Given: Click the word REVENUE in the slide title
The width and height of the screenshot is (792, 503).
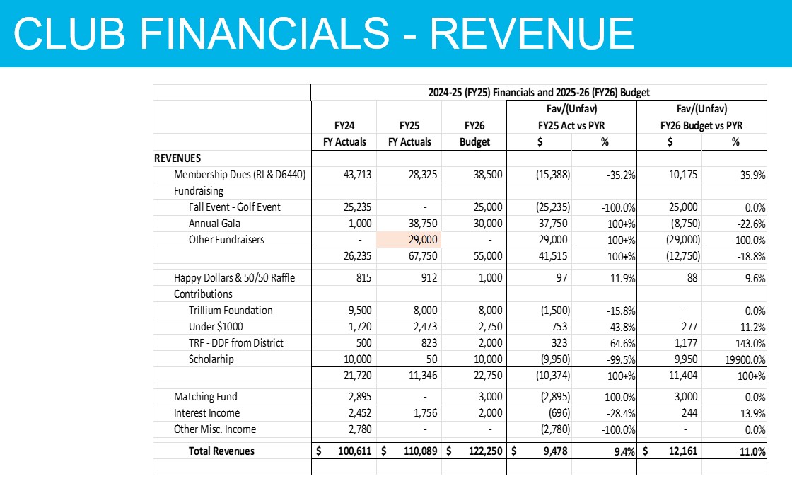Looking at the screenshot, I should click(x=531, y=33).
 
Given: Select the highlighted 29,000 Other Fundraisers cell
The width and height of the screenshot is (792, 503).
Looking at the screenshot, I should click(x=409, y=240).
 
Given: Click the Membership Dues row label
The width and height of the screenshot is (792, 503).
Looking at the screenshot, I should click(x=240, y=175).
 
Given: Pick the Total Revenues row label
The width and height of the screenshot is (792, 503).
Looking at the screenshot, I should click(x=221, y=451).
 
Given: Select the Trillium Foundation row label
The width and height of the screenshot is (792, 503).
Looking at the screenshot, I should click(x=231, y=310).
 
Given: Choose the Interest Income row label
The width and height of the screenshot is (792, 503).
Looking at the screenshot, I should click(x=207, y=413).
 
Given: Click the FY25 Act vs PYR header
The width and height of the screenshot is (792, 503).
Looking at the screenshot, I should click(x=571, y=126).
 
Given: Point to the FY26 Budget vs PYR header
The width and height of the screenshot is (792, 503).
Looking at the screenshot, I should click(x=701, y=126).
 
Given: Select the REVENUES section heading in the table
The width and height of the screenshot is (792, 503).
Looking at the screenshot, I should click(x=177, y=158).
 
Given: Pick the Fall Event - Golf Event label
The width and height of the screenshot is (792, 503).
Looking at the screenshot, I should click(x=235, y=207).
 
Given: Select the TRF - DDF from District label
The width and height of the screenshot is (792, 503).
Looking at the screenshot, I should click(x=235, y=343).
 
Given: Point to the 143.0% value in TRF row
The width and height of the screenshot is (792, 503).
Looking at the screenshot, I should click(x=750, y=343).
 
